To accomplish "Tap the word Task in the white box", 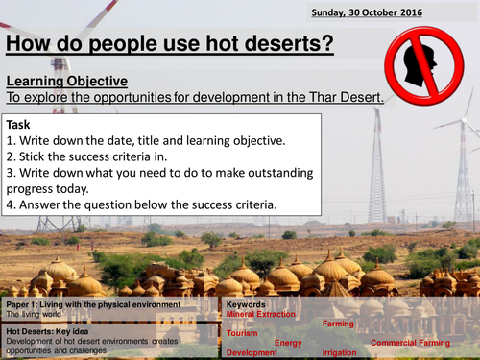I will click(x=20, y=125).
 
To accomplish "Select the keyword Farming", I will click(x=337, y=324).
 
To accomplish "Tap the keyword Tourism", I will click(x=242, y=333).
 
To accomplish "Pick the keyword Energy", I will click(x=288, y=342).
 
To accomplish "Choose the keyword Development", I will click(x=252, y=352).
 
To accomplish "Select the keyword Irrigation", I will click(x=342, y=352).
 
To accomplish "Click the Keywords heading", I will click(x=246, y=303).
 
